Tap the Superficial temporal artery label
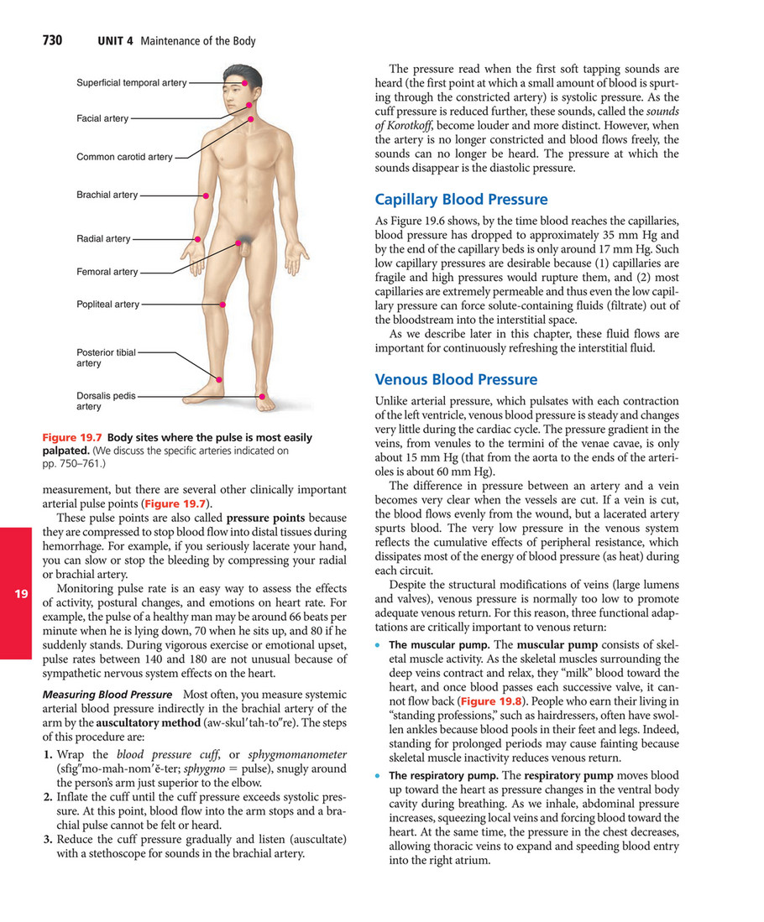pyautogui.click(x=131, y=83)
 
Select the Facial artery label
pyautogui.click(x=102, y=119)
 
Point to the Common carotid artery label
pyautogui.click(x=124, y=157)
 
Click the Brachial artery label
pyautogui.click(x=107, y=195)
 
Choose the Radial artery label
pyautogui.click(x=103, y=239)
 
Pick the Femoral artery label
pyautogui.click(x=107, y=272)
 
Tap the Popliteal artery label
pyautogui.click(x=107, y=305)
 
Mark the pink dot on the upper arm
pyautogui.click(x=206, y=195)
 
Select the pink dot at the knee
pyautogui.click(x=221, y=305)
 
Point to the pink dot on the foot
pyautogui.click(x=263, y=396)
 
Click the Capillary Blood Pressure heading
pyautogui.click(x=461, y=200)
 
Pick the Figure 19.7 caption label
pyautogui.click(x=72, y=438)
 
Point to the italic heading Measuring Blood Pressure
pyautogui.click(x=107, y=695)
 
